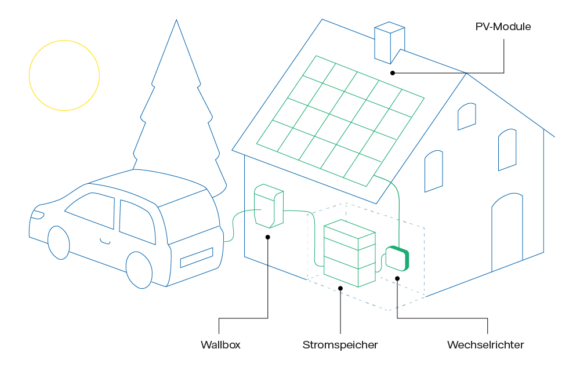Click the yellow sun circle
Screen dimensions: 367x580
coord(64,75)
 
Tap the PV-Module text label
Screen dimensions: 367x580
coord(503,27)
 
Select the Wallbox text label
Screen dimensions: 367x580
coord(220,345)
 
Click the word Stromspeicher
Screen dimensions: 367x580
coord(340,345)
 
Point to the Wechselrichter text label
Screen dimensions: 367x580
coord(485,345)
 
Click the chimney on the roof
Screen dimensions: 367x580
coord(389,42)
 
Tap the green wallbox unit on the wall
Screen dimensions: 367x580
coord(269,206)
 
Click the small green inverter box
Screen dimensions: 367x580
coord(397,259)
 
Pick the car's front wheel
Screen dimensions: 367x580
coord(58,242)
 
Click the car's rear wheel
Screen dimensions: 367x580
coord(139,270)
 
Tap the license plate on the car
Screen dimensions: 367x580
coord(197,257)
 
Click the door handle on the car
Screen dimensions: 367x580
coord(105,240)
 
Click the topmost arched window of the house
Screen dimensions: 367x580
coord(467,117)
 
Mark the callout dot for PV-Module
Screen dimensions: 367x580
coord(393,73)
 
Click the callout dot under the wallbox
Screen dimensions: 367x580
coord(268,236)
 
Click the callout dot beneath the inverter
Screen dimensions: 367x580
coord(397,278)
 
